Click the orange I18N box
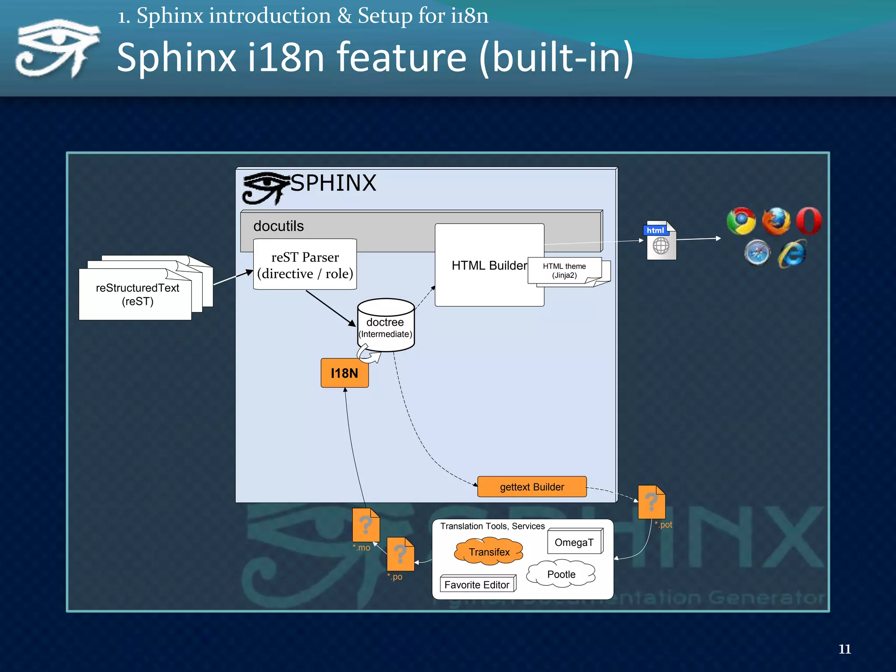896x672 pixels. (344, 373)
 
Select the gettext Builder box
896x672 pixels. (532, 487)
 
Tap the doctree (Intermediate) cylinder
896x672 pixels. (385, 326)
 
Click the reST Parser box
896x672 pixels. (305, 265)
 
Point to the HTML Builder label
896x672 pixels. (489, 266)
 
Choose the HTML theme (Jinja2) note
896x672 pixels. (564, 271)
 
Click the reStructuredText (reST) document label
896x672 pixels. (137, 294)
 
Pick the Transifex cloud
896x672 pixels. (489, 552)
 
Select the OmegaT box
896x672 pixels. (574, 542)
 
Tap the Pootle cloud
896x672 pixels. (561, 574)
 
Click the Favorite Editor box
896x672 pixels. (477, 585)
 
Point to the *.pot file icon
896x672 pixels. (651, 502)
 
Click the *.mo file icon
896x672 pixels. (366, 525)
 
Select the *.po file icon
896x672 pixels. (400, 554)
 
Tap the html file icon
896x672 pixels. (661, 241)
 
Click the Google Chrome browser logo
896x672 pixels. (741, 221)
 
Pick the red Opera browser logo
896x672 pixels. (808, 221)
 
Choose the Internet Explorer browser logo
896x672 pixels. (792, 253)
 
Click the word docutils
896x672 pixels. (278, 226)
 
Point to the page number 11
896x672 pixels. (844, 649)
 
